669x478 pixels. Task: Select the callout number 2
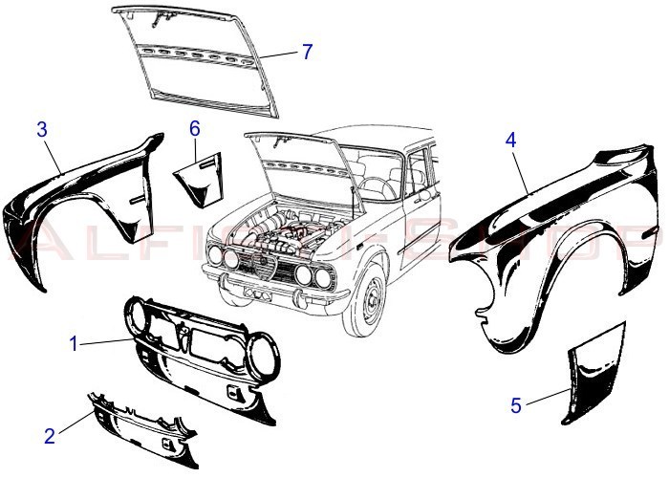click(x=50, y=437)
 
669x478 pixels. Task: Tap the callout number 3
click(x=42, y=128)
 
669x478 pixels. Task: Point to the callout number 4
click(x=511, y=140)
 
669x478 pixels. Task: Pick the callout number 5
click(x=516, y=405)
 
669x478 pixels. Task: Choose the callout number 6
click(x=194, y=127)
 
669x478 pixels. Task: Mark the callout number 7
click(x=306, y=52)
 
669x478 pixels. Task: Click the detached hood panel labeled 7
click(x=201, y=57)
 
